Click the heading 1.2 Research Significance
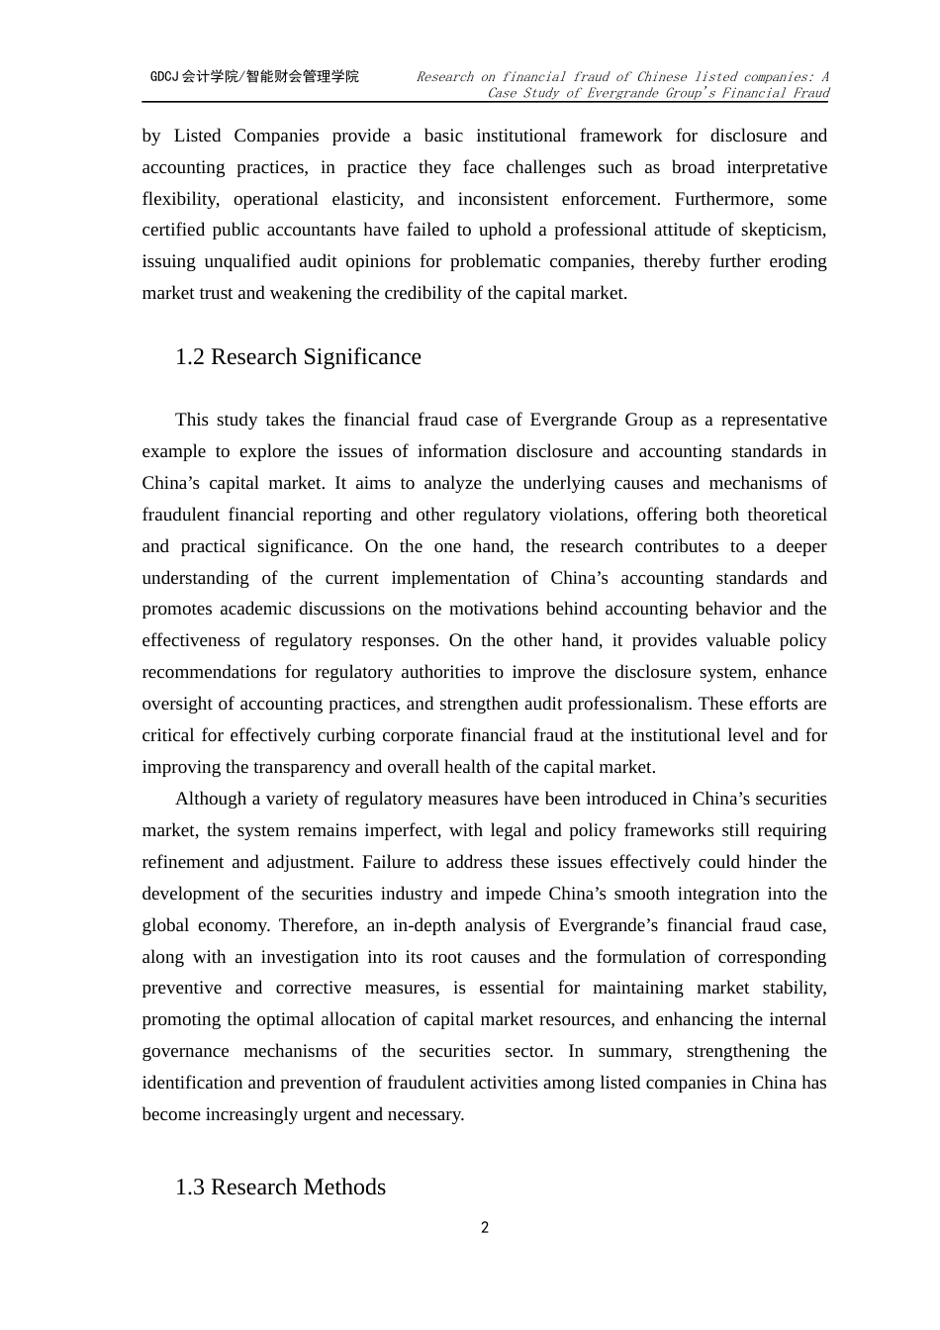(298, 357)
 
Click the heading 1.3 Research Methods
(280, 1187)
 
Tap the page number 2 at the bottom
(485, 1228)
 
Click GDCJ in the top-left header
(164, 76)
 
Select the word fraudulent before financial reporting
(180, 515)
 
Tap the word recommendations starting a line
(209, 672)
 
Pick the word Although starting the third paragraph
(210, 799)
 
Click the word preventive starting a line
(182, 988)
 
